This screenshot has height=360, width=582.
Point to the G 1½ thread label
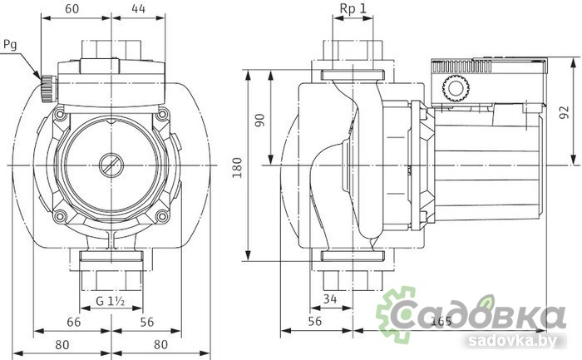click(x=109, y=299)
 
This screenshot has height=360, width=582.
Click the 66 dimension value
click(x=74, y=321)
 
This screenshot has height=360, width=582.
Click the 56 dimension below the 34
click(x=315, y=321)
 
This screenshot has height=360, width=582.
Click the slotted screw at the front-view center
click(x=110, y=165)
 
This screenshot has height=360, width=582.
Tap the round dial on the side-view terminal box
click(x=454, y=86)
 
